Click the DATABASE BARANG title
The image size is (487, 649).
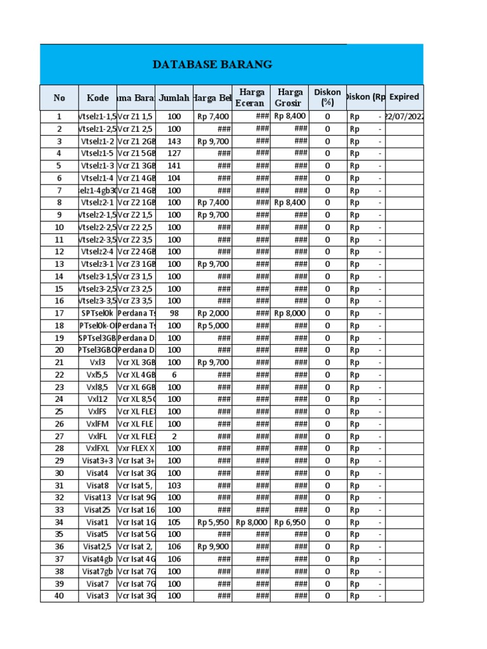tap(212, 65)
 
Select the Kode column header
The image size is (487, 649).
tap(98, 98)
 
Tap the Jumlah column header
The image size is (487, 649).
tap(174, 98)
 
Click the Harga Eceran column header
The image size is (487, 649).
tap(251, 98)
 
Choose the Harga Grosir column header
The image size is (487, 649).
tap(290, 98)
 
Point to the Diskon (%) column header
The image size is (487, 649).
tap(327, 98)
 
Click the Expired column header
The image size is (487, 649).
tap(404, 97)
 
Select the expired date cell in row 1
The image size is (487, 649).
tap(405, 117)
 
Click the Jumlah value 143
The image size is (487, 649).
tap(174, 141)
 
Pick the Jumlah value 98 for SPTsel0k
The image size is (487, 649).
tap(174, 313)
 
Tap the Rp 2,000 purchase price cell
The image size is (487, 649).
tap(213, 313)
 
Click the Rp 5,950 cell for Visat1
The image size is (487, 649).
tap(213, 522)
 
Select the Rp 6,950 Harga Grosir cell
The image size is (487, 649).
tap(290, 522)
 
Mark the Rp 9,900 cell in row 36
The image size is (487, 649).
tap(213, 547)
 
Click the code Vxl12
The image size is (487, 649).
tap(98, 399)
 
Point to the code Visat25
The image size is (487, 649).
tap(98, 510)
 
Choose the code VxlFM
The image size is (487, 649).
tap(98, 424)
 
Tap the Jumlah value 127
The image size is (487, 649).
tap(174, 153)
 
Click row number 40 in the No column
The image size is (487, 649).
tap(60, 596)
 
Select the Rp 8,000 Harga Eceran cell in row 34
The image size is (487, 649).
tap(251, 522)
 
